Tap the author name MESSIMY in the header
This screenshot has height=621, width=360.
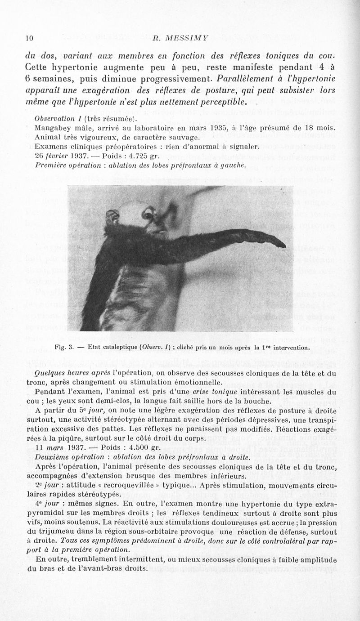point(185,37)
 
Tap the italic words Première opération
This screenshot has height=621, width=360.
point(65,165)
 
